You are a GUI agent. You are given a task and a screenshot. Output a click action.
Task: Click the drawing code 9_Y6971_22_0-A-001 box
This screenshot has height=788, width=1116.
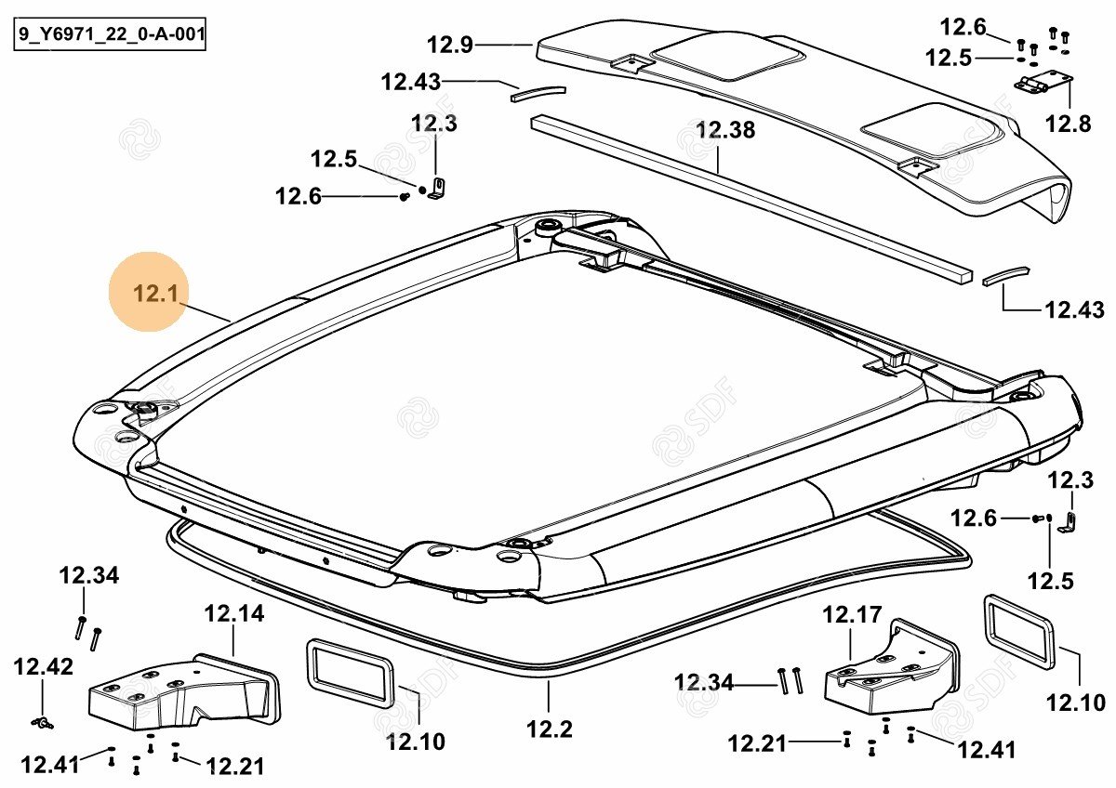[110, 38]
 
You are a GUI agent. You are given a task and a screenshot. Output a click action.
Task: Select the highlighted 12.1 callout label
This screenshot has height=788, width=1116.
[155, 294]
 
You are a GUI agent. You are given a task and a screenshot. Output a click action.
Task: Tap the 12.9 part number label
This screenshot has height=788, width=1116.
[451, 44]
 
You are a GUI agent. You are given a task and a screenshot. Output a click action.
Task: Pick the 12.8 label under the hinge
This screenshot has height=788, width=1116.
[1067, 122]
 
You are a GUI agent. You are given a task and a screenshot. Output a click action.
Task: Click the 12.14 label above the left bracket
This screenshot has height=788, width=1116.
[233, 613]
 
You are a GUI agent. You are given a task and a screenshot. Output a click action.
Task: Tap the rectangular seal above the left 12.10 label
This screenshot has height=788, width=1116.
[348, 672]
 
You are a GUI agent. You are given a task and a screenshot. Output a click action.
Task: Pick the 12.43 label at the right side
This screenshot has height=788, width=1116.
[1075, 309]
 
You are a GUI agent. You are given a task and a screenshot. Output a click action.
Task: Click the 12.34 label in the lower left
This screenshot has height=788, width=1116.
[89, 575]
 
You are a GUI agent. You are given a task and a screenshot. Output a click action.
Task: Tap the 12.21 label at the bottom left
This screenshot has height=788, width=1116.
[235, 766]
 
